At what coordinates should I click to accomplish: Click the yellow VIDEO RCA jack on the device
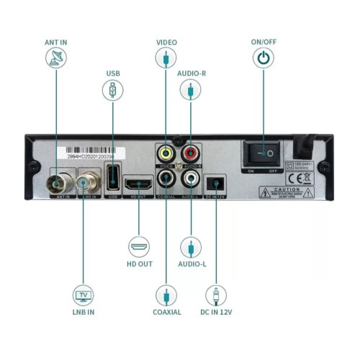(x=166, y=153)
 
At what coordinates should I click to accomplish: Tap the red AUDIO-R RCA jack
(x=190, y=153)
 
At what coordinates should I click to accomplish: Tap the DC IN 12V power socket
(x=216, y=183)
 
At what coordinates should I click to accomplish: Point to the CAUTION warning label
(x=286, y=192)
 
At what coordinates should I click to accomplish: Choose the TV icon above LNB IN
(x=83, y=294)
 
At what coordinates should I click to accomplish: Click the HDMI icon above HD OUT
(x=139, y=247)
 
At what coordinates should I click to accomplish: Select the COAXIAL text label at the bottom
(x=166, y=312)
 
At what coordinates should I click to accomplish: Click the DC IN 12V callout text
(x=216, y=312)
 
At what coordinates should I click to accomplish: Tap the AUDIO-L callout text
(x=191, y=264)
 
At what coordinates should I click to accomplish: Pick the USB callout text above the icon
(x=113, y=73)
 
